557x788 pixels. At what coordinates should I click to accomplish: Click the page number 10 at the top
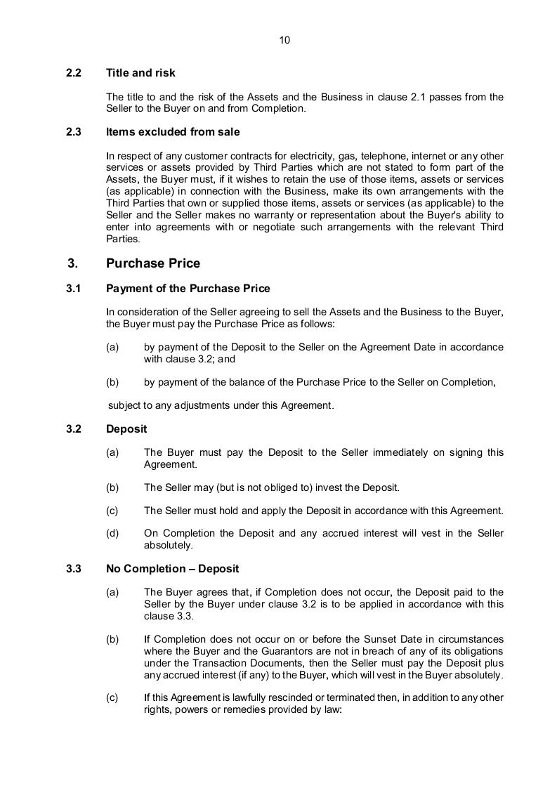coord(284,40)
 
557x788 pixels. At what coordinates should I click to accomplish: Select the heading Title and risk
coord(140,73)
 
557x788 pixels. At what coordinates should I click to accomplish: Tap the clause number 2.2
coord(74,73)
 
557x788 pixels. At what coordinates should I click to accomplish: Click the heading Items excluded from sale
coord(173,132)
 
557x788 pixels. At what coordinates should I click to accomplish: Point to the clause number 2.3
coord(74,132)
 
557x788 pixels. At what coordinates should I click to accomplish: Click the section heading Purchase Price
coord(153,263)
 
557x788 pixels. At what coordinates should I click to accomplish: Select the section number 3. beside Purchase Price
coord(73,263)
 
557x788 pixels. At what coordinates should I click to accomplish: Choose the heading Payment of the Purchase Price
coord(188,289)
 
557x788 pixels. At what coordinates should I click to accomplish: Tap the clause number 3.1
coord(74,289)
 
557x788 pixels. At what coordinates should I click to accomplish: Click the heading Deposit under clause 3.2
coord(126,429)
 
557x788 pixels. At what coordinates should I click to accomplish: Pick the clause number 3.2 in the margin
coord(74,429)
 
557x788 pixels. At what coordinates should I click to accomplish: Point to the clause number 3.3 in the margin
coord(74,569)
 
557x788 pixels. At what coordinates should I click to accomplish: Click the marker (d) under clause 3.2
coord(112,534)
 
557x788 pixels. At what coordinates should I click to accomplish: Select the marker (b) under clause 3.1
coord(112,383)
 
